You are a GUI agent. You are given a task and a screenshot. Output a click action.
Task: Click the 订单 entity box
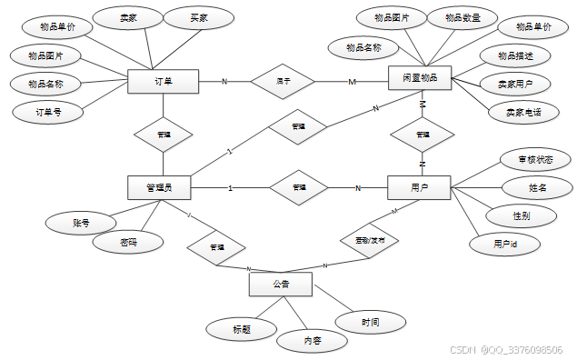tap(164, 82)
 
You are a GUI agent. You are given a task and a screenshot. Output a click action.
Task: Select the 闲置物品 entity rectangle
tap(420, 79)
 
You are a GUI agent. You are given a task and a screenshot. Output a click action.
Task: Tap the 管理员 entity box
tap(160, 188)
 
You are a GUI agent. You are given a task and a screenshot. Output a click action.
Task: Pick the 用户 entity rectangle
tap(420, 188)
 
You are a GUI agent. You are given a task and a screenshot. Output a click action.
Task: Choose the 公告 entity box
tap(281, 285)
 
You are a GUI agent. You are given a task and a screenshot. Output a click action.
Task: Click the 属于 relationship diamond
tap(284, 81)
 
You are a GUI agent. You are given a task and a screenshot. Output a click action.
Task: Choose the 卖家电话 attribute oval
tap(516, 112)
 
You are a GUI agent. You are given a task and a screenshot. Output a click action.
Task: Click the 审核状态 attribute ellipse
tap(535, 160)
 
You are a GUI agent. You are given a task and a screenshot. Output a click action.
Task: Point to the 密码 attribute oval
tap(129, 243)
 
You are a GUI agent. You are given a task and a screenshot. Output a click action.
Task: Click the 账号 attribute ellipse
tap(80, 222)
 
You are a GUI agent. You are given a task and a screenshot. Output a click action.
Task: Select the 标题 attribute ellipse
tap(241, 327)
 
